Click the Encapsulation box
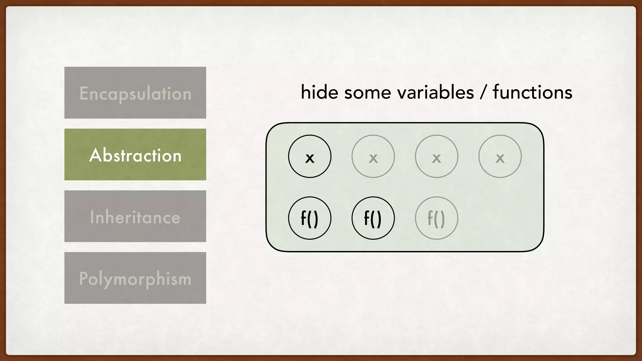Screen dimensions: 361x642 click(x=135, y=93)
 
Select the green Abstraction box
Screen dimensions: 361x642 click(x=135, y=154)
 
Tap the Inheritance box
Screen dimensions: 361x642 click(x=135, y=216)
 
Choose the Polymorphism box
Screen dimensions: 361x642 click(x=135, y=278)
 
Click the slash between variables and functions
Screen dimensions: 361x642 click(x=483, y=93)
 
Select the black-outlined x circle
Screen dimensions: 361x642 click(x=310, y=156)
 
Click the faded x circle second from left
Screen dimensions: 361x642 click(x=373, y=156)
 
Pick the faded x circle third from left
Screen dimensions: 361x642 click(x=436, y=156)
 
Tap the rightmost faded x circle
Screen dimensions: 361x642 click(x=500, y=156)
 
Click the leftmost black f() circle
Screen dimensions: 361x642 click(x=310, y=218)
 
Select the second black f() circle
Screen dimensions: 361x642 click(x=373, y=218)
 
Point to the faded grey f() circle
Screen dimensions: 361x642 click(x=436, y=218)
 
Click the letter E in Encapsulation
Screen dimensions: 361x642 click(x=84, y=93)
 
